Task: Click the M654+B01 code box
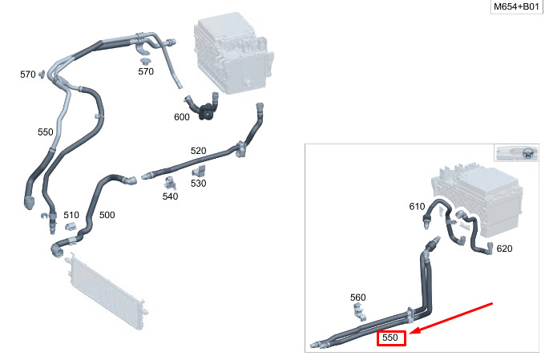click(516, 6)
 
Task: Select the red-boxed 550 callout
click(391, 338)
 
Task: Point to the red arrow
click(451, 318)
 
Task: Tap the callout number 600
click(182, 117)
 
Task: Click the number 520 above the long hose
click(198, 151)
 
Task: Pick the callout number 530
click(198, 183)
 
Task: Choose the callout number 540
click(170, 196)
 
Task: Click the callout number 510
click(71, 215)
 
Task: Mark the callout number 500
click(107, 215)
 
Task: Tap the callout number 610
click(417, 207)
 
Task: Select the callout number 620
click(504, 249)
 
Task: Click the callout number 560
click(357, 297)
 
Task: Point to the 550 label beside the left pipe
click(45, 132)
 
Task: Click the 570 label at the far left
click(28, 75)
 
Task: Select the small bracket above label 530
click(199, 171)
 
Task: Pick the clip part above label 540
click(170, 183)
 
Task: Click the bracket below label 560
click(359, 311)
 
